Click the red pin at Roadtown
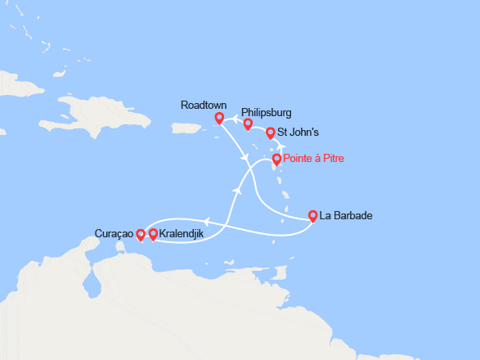click(219, 118)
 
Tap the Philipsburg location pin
click(248, 124)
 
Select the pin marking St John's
click(271, 132)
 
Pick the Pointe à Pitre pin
click(276, 160)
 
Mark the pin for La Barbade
click(312, 216)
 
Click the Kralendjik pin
click(153, 234)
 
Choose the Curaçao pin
click(141, 235)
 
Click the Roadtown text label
click(204, 105)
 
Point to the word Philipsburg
click(267, 113)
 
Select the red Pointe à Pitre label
click(313, 159)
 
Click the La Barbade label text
click(347, 216)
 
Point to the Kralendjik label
click(183, 234)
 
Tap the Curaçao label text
click(114, 234)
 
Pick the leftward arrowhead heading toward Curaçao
click(206, 220)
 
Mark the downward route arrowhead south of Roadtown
click(240, 156)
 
